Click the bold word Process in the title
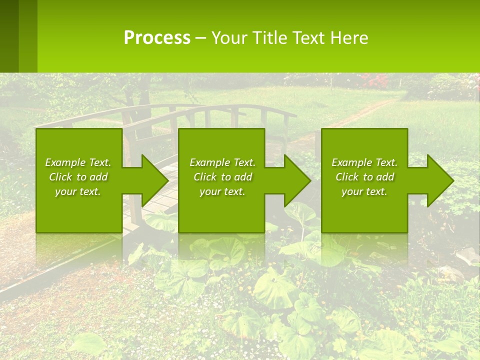pos(157,38)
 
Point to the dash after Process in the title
pos(200,38)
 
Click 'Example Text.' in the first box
pos(78,162)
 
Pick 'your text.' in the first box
pos(78,191)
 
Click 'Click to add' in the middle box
pos(222,177)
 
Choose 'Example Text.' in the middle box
pos(222,162)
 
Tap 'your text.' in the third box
pos(364,191)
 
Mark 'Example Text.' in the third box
pos(364,162)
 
